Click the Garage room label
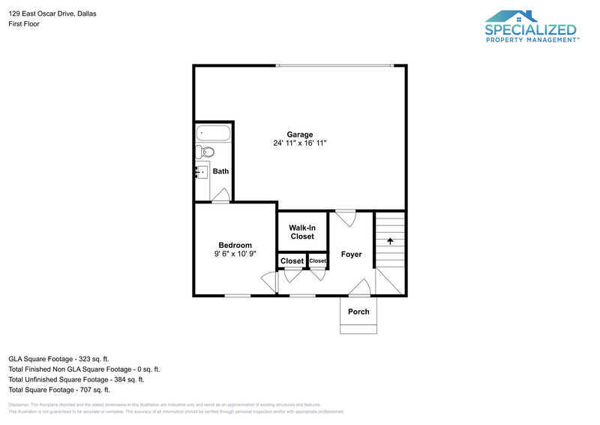tap(299, 134)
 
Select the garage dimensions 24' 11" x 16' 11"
tap(299, 143)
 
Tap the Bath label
tap(220, 171)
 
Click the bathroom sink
tap(201, 172)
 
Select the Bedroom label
tap(235, 245)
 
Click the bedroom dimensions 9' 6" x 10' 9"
tap(235, 255)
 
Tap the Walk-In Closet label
tap(301, 231)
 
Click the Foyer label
tap(351, 255)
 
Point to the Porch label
tap(358, 312)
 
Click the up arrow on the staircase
tap(390, 241)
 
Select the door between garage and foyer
tap(345, 218)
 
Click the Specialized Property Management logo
tap(531, 26)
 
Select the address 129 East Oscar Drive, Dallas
tap(52, 14)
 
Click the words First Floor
tap(24, 24)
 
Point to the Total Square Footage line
tap(59, 390)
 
